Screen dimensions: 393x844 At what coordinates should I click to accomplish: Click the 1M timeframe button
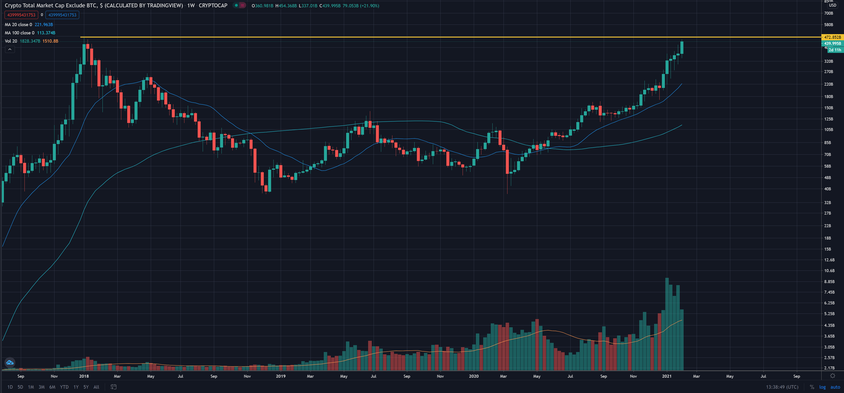31,387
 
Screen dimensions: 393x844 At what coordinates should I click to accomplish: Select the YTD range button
64,387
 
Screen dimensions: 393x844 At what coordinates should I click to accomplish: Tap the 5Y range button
86,387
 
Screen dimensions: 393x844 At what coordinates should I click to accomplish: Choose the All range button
96,387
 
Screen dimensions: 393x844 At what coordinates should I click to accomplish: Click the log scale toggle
822,387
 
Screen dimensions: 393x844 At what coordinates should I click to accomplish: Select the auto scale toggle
835,387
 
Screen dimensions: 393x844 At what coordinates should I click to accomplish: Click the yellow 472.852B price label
832,37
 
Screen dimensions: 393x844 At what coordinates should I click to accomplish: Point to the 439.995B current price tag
832,43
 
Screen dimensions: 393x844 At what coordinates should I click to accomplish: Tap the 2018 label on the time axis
84,376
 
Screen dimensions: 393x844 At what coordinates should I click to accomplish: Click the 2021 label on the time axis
666,376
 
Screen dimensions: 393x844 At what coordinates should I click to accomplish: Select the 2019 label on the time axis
280,376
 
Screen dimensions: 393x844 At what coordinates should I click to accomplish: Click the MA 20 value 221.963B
43,25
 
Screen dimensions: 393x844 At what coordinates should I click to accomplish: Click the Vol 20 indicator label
11,41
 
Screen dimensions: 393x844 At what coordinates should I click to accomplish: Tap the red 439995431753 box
21,15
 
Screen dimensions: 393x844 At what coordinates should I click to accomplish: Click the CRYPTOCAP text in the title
213,5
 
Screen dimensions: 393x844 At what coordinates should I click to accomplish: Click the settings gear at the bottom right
833,376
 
